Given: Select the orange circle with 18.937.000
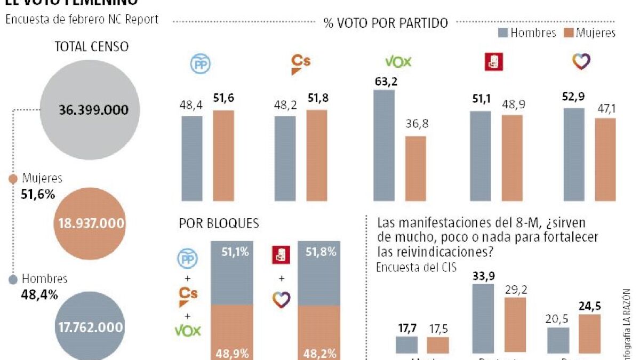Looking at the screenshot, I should pos(90,223).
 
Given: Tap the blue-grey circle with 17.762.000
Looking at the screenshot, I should pos(90,326).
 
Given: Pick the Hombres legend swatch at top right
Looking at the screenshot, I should pos(502,33).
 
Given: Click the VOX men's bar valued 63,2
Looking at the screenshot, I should pos(384,145).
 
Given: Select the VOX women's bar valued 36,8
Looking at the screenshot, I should pos(415,169).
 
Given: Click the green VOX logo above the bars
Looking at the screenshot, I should pos(398,62).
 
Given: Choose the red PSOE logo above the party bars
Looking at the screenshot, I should pos(493,62).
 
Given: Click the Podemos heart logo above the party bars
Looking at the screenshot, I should pos(581,62).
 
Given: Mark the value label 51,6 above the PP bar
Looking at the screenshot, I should pos(224,98).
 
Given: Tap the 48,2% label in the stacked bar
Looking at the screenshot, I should pos(319,353).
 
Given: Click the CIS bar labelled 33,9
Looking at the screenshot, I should pos(483,318).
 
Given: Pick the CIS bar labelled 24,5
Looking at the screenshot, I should pos(589,334).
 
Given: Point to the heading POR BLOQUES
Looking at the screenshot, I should pos(219,223).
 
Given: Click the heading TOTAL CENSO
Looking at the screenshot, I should pos(92,46).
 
